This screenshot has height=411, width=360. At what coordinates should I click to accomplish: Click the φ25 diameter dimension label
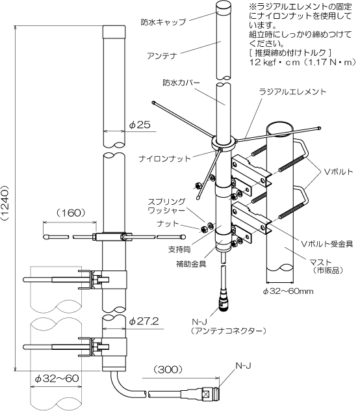pyautogui.click(x=140, y=125)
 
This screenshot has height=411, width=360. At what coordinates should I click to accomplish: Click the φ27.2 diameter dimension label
pyautogui.click(x=144, y=321)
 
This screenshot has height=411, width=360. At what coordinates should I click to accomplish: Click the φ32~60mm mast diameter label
pyautogui.click(x=288, y=291)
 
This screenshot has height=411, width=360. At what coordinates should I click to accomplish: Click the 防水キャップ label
pyautogui.click(x=163, y=22)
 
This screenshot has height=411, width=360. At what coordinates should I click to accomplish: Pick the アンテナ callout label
pyautogui.click(x=162, y=56)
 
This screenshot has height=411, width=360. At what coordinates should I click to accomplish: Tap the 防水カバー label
pyautogui.click(x=181, y=83)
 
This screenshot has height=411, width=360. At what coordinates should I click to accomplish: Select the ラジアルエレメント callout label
pyautogui.click(x=292, y=92)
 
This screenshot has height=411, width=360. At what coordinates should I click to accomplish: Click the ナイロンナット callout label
pyautogui.click(x=164, y=159)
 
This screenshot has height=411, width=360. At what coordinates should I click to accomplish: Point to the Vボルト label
pyautogui.click(x=339, y=172)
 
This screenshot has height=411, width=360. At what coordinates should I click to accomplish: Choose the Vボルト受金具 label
pyautogui.click(x=328, y=244)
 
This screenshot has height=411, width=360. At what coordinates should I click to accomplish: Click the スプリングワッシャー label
pyautogui.click(x=166, y=205)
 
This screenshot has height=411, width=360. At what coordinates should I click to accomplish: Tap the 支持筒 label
pyautogui.click(x=179, y=249)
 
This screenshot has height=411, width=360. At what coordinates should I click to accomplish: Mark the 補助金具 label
pyautogui.click(x=191, y=264)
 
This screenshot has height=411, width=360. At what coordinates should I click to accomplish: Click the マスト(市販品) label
pyautogui.click(x=326, y=266)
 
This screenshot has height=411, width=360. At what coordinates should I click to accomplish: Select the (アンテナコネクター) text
pyautogui.click(x=229, y=331)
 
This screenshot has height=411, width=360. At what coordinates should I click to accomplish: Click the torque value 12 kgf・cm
pyautogui.click(x=274, y=62)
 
